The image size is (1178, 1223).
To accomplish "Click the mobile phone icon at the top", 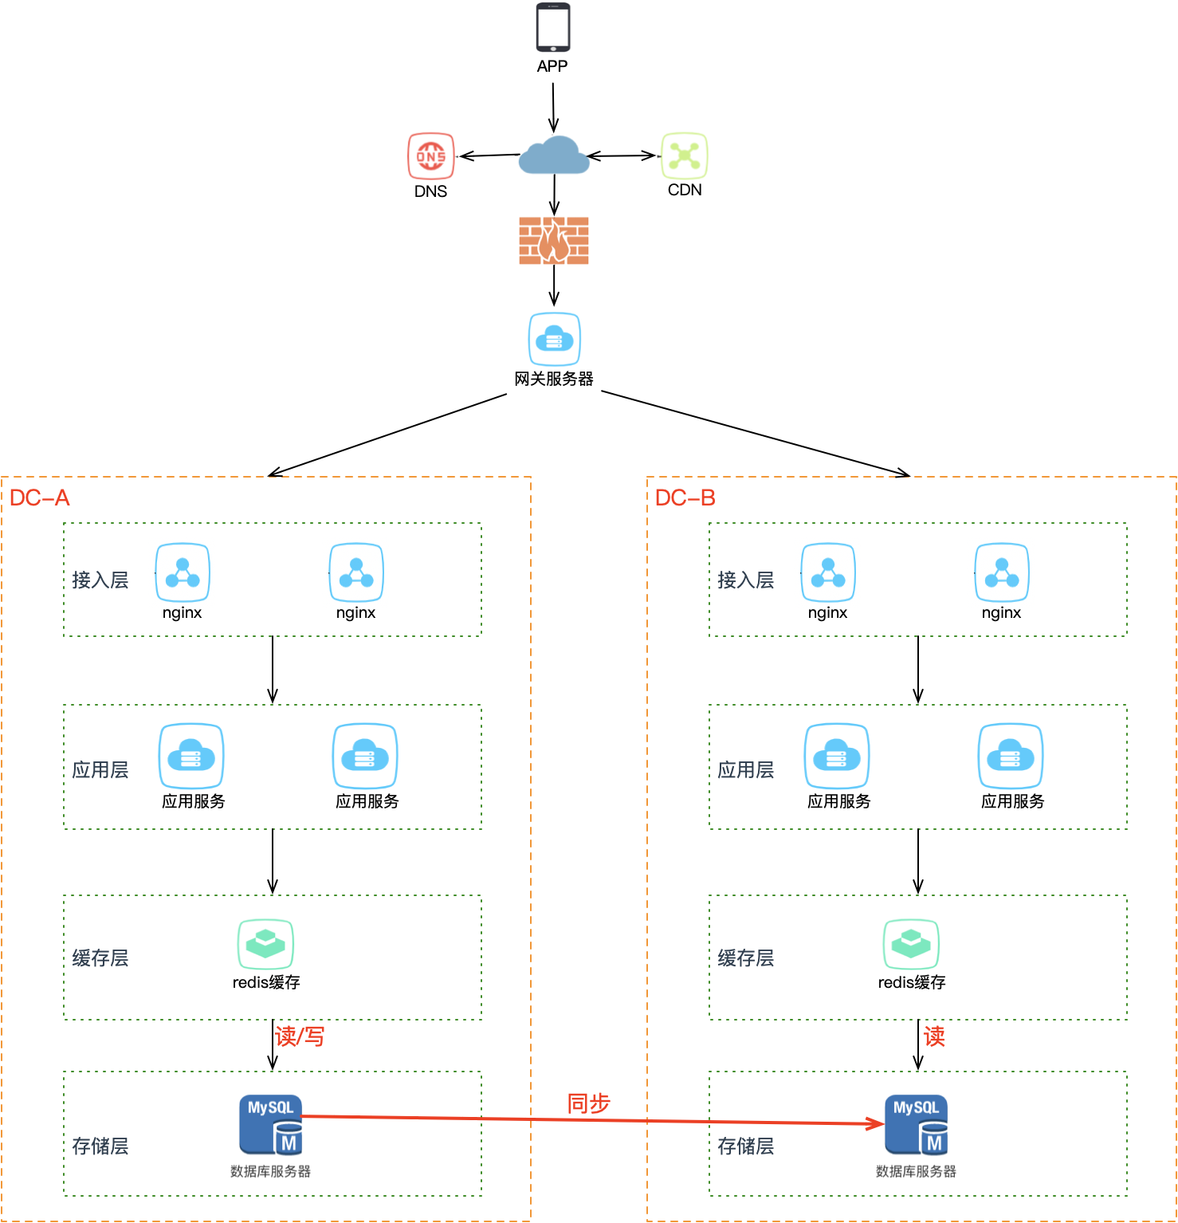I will (x=552, y=29).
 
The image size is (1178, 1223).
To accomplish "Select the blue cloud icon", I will (x=554, y=155).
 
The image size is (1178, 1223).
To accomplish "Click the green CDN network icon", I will (x=685, y=155).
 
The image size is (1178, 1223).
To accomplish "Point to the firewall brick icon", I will (x=554, y=241).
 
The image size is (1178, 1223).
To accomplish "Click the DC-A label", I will (x=40, y=498).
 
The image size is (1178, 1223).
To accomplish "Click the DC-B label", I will (x=685, y=498).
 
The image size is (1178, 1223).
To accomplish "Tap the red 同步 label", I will (x=588, y=1103).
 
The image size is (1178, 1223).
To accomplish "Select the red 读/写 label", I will (x=300, y=1036).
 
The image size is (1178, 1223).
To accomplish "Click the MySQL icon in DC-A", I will (x=271, y=1125).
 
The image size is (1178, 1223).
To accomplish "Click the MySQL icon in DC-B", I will (x=917, y=1125).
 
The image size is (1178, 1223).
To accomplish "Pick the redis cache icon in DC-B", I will (x=911, y=944).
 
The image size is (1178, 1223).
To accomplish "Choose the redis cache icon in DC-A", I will (x=265, y=944).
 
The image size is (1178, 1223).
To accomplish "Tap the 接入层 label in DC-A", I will (x=100, y=580).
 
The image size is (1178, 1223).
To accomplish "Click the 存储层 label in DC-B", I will (x=746, y=1146).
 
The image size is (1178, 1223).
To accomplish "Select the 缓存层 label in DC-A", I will (x=100, y=958).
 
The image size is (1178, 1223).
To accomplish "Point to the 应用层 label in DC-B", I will (x=746, y=770).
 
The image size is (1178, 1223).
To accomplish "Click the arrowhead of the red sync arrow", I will (x=878, y=1123).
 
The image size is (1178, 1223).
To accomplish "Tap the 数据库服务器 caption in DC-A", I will (x=270, y=1171).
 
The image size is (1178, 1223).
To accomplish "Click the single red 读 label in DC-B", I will (x=934, y=1036).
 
